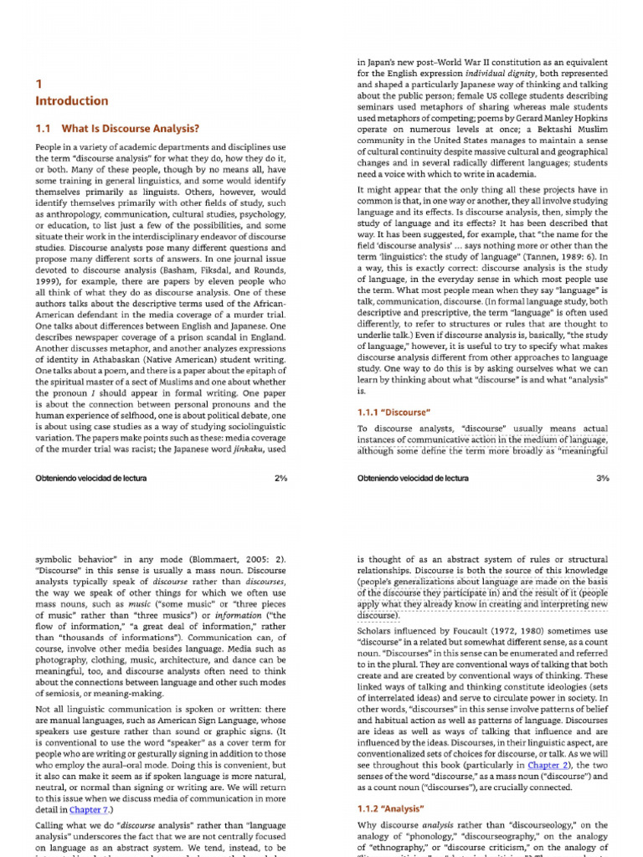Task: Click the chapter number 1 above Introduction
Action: coord(39,84)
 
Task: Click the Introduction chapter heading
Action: coord(71,101)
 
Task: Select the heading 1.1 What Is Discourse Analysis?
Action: coord(116,129)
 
